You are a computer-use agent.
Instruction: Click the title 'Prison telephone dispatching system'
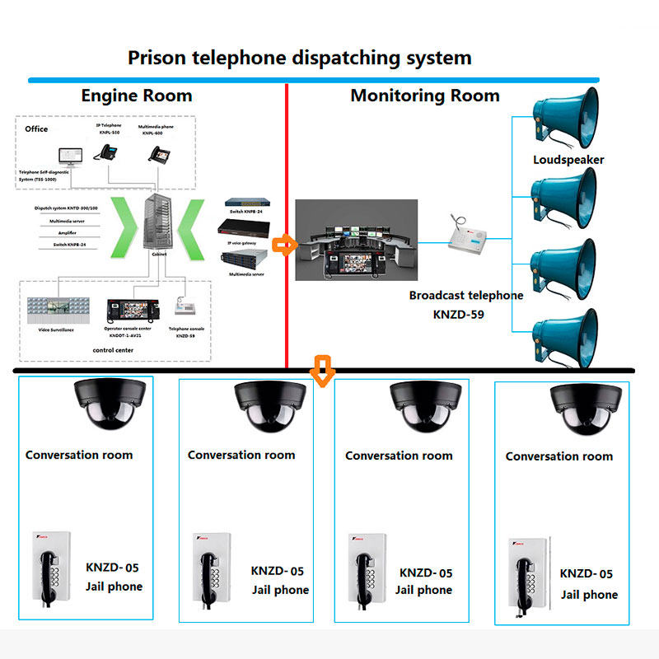[299, 58]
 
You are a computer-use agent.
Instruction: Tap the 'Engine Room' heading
[136, 96]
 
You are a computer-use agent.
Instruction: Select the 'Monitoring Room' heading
[424, 96]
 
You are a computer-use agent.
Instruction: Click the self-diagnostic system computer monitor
[70, 157]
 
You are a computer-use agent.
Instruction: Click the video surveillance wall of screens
[58, 309]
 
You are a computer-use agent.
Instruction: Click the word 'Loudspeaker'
[568, 160]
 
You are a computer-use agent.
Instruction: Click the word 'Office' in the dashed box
[36, 129]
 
